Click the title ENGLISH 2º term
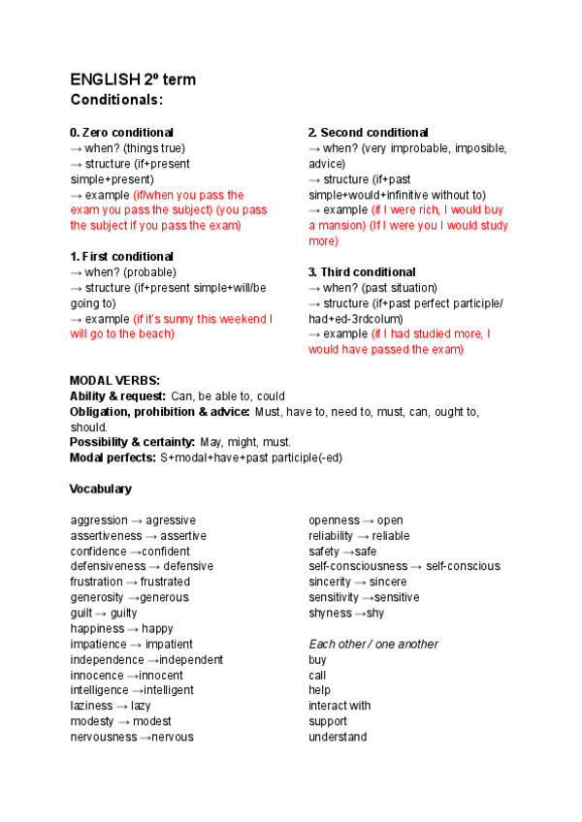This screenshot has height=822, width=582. click(x=133, y=79)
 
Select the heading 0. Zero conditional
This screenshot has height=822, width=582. click(x=121, y=133)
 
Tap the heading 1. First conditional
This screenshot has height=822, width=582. click(x=121, y=257)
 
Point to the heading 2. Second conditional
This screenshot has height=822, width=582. click(x=368, y=133)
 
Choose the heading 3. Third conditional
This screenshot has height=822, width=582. click(x=362, y=272)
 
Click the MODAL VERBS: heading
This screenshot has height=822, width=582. click(x=114, y=381)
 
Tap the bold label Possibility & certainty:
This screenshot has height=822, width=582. click(x=132, y=442)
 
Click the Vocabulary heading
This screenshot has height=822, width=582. click(x=101, y=489)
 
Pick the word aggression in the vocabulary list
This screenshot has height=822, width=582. click(x=99, y=521)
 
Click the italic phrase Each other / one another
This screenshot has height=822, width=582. click(x=372, y=645)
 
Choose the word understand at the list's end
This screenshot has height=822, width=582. click(x=338, y=737)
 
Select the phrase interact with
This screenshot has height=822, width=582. click(x=339, y=706)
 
